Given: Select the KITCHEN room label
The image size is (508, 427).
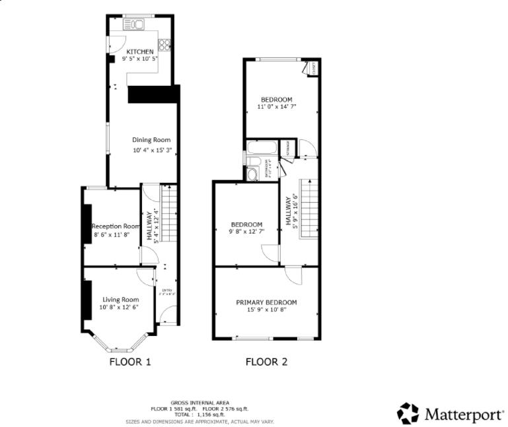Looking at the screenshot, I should point(140,51).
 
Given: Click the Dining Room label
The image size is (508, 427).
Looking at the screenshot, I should point(151,139).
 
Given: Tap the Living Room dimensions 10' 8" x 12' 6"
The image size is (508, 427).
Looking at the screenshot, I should point(120,307).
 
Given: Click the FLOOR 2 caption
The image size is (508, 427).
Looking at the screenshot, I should point(266,362).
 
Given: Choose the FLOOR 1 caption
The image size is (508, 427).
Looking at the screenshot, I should point(130,362).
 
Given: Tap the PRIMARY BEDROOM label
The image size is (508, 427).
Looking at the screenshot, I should point(266,302).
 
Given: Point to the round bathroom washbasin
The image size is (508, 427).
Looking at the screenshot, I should point(252,174).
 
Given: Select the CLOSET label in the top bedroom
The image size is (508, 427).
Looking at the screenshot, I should point(313,67).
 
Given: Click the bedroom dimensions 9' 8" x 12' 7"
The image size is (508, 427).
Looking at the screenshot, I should point(246,232).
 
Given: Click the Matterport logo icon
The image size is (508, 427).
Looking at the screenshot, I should point(408,413).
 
